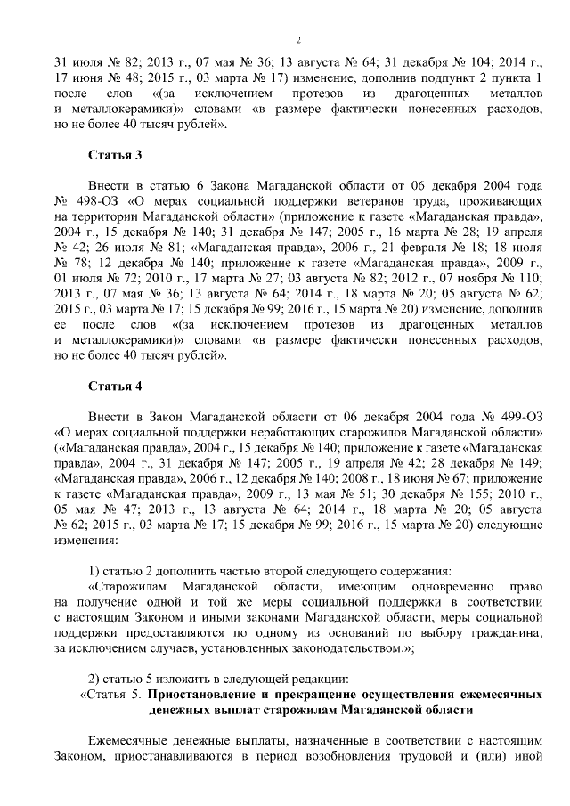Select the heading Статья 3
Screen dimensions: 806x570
point(114,156)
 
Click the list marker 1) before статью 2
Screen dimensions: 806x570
point(96,571)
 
